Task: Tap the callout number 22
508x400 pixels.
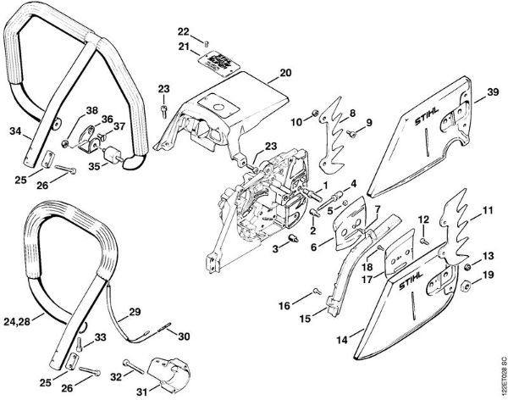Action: pos(184,31)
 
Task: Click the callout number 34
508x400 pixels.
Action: pos(15,131)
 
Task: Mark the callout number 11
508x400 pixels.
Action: pos(487,209)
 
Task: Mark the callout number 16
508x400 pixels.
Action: pos(284,304)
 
